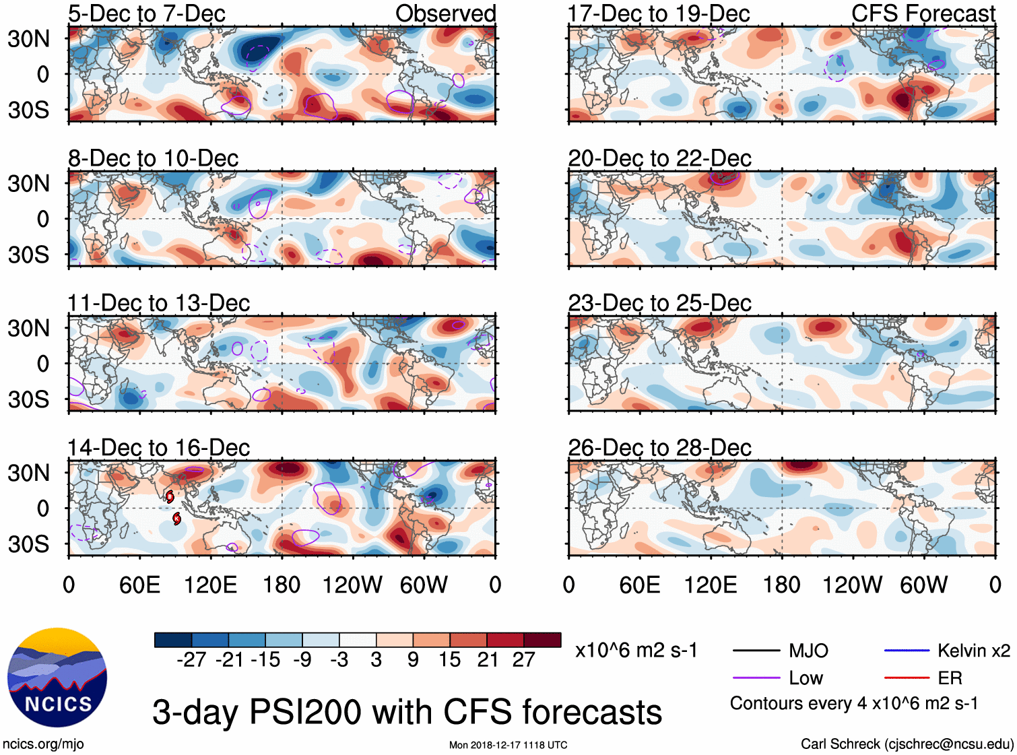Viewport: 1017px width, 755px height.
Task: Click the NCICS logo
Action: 57,677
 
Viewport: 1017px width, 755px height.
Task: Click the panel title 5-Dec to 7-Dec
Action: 147,13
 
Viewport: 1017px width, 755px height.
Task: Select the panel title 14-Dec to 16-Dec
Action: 159,448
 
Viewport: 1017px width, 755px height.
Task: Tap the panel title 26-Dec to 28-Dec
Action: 659,448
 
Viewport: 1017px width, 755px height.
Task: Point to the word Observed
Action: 445,13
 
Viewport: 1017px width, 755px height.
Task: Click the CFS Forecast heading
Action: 923,13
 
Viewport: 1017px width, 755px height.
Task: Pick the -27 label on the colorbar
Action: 191,659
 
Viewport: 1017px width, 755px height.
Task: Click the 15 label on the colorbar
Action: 449,659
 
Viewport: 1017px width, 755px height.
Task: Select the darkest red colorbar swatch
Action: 542,640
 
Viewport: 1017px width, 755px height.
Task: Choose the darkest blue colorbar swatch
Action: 173,640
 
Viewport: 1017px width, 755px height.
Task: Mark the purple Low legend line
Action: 756,678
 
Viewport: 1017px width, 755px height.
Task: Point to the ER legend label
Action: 950,678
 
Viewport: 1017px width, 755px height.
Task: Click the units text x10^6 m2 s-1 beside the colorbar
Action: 636,651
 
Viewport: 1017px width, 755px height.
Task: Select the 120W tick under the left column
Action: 352,585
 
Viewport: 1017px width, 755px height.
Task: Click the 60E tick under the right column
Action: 639,585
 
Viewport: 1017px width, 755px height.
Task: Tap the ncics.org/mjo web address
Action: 43,744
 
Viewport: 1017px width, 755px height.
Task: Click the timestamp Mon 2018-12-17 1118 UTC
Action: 508,745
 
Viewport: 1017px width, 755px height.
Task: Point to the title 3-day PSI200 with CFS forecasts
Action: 407,712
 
